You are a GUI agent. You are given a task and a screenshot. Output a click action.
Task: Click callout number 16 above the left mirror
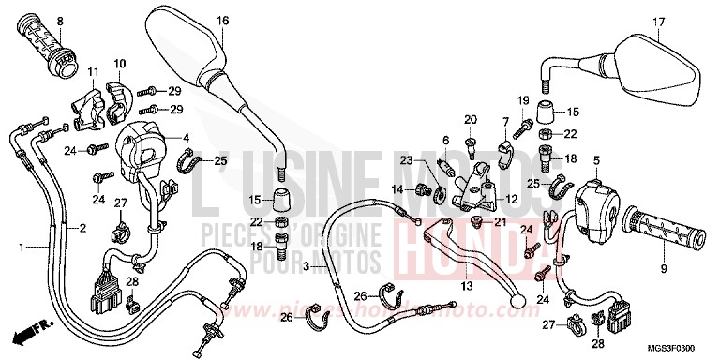[223, 21]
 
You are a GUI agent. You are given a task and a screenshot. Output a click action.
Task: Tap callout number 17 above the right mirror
[659, 22]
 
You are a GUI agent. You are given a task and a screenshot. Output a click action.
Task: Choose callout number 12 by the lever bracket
[513, 199]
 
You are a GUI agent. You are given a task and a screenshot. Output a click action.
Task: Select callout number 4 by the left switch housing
[186, 138]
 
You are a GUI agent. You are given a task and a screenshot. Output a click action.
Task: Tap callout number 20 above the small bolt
[471, 119]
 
